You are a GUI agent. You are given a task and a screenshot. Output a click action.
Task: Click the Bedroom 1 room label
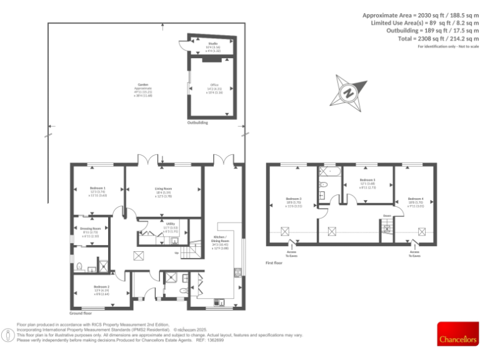click(x=97, y=188)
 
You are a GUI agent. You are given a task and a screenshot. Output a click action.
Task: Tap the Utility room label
click(x=171, y=223)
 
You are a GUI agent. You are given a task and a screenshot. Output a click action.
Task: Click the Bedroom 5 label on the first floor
click(x=367, y=179)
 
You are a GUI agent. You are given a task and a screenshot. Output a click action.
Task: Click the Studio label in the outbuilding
click(x=213, y=43)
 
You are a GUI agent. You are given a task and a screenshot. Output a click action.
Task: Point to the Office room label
click(x=214, y=86)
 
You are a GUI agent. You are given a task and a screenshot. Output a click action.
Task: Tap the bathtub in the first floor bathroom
click(x=329, y=171)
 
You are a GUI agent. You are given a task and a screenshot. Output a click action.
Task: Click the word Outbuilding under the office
click(x=197, y=123)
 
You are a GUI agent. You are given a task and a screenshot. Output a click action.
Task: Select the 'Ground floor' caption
click(x=81, y=312)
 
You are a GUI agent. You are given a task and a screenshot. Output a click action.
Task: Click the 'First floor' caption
click(x=274, y=263)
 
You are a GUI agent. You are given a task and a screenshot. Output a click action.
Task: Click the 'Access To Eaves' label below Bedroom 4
click(x=415, y=254)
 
